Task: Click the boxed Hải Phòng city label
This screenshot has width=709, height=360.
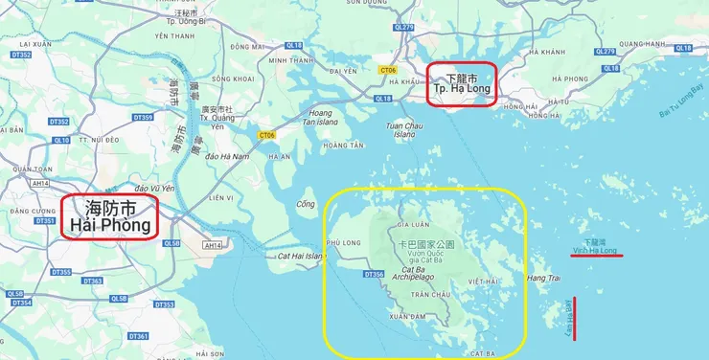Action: pos(110,216)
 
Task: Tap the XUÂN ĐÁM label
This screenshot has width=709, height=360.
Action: pos(408,315)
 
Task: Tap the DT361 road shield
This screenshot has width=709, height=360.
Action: pos(138,336)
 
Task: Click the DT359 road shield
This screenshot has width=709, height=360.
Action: pos(143,117)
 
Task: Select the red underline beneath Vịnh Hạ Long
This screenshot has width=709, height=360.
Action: pos(596,256)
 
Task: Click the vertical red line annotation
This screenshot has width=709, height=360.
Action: pos(575,318)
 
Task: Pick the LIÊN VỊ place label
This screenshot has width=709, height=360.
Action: pos(221,198)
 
